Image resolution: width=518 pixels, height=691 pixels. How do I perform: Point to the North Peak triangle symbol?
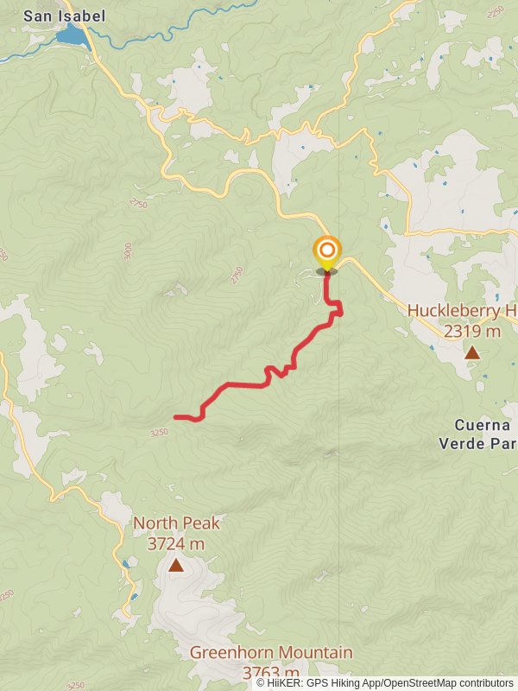pyautogui.click(x=176, y=565)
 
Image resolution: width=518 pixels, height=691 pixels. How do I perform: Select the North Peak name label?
pyautogui.click(x=176, y=523)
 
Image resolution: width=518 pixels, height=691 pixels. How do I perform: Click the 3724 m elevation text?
pyautogui.click(x=176, y=544)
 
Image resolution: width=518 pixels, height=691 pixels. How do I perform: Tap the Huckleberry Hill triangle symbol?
pyautogui.click(x=472, y=352)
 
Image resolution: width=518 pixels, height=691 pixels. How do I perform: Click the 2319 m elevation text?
pyautogui.click(x=472, y=331)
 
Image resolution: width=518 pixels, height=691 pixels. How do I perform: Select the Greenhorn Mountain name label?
pyautogui.click(x=271, y=652)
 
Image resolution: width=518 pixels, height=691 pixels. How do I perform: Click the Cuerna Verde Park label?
pyautogui.click(x=485, y=434)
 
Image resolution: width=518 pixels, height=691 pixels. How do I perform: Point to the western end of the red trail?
pyautogui.click(x=176, y=417)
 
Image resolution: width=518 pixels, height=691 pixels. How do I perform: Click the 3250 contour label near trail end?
pyautogui.click(x=159, y=433)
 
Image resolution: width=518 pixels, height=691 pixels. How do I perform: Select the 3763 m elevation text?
pyautogui.click(x=271, y=672)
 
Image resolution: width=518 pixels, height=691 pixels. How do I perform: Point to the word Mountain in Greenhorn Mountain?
pyautogui.click(x=314, y=652)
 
